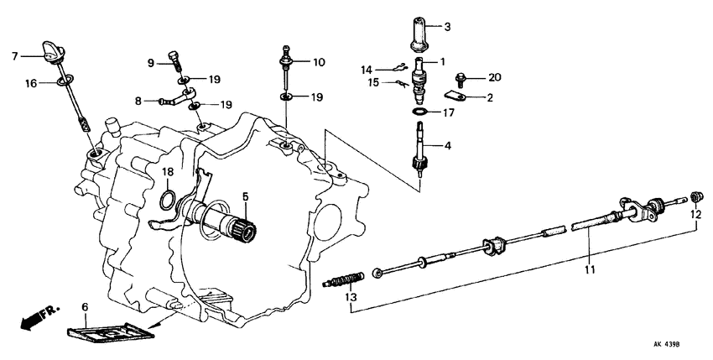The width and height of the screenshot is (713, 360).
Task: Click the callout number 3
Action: [x=447, y=27]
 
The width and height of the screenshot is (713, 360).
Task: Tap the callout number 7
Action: [x=14, y=56]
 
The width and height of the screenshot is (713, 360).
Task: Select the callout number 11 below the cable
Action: [x=591, y=270]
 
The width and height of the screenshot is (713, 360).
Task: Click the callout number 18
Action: [x=168, y=171]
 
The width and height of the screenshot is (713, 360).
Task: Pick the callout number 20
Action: [x=494, y=77]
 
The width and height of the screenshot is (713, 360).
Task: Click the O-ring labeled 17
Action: [x=419, y=112]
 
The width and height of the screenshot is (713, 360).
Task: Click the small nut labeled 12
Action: [x=695, y=197]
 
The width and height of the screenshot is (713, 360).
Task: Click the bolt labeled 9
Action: [x=174, y=60]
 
